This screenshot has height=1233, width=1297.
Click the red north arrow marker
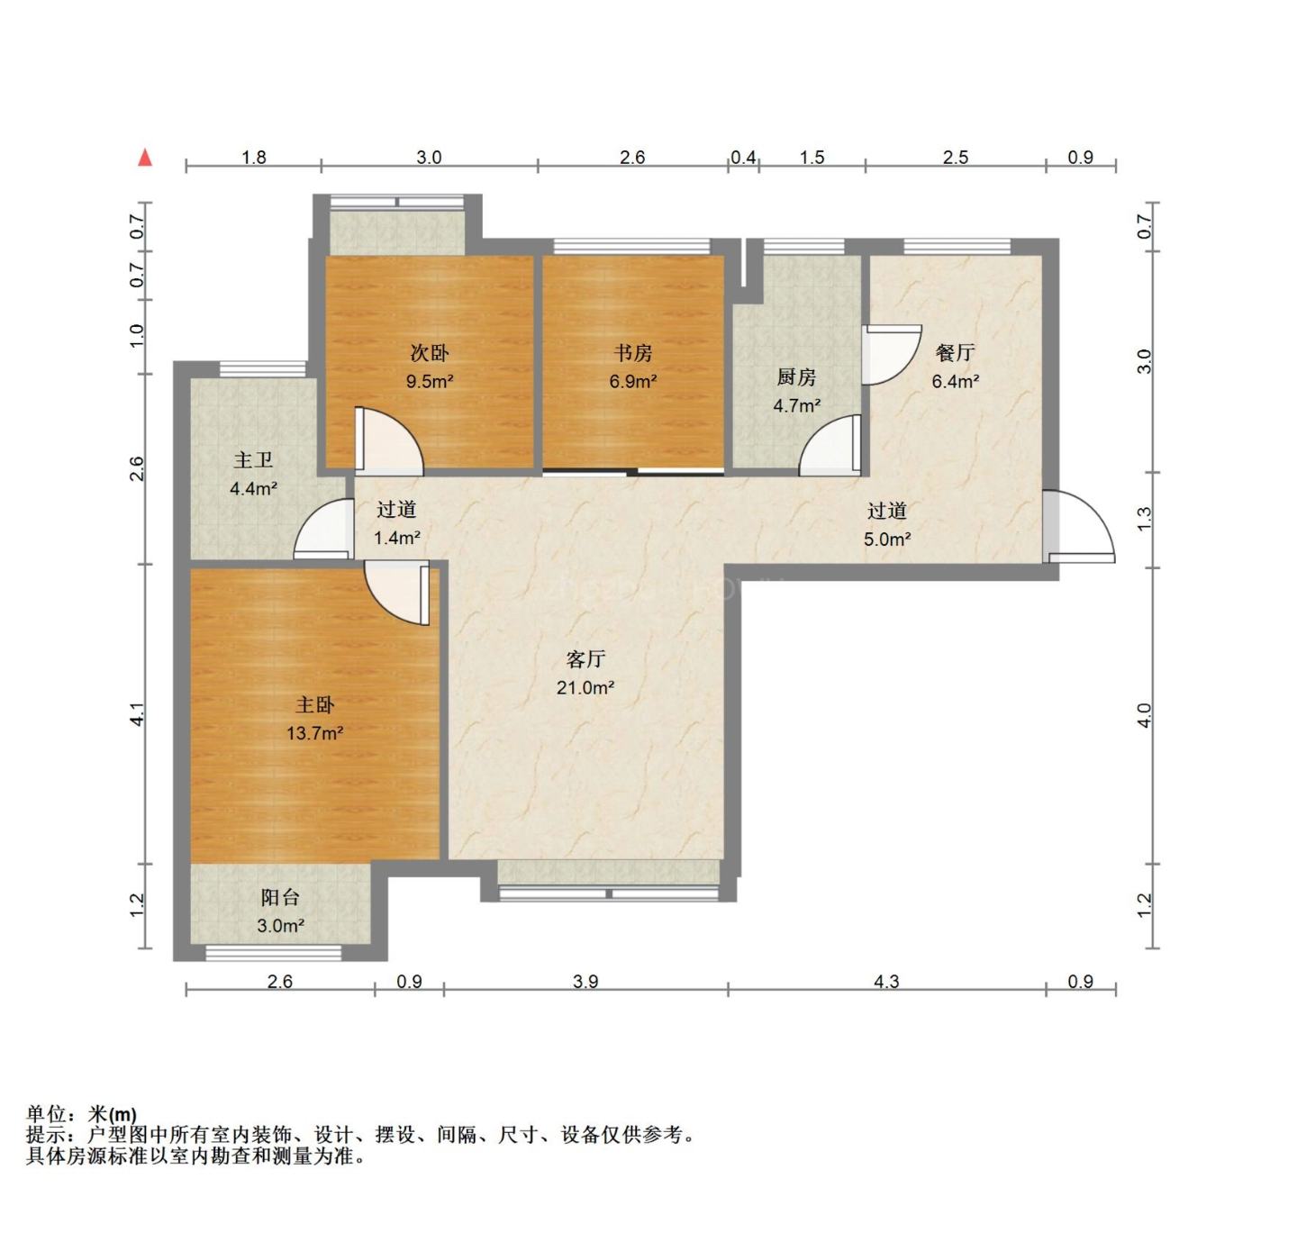click(x=145, y=159)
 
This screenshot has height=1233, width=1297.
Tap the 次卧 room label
click(x=429, y=353)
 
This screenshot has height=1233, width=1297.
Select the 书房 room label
click(x=632, y=353)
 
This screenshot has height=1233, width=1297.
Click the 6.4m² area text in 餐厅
click(x=955, y=381)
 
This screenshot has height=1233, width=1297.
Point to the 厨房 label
click(x=796, y=377)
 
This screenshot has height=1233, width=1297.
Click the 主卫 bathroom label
click(x=253, y=461)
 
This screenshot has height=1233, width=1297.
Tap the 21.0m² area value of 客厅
click(x=585, y=688)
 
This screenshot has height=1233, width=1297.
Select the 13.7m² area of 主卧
click(x=314, y=733)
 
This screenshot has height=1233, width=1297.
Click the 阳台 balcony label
click(x=280, y=897)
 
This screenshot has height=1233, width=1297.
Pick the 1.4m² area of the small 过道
click(x=396, y=539)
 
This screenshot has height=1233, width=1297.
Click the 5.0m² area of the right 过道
click(x=887, y=539)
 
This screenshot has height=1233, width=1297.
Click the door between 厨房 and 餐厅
click(x=890, y=354)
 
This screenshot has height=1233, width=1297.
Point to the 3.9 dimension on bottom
click(x=585, y=981)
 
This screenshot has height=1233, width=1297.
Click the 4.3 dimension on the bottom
click(x=886, y=981)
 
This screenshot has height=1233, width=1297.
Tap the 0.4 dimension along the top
click(x=743, y=158)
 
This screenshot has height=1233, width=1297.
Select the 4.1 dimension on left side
click(x=137, y=714)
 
